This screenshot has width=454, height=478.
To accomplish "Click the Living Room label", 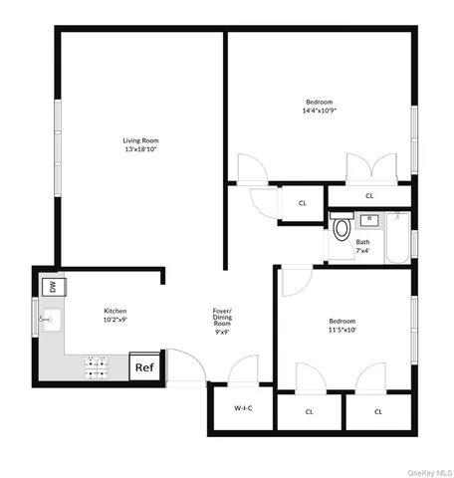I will pyautogui.click(x=141, y=140).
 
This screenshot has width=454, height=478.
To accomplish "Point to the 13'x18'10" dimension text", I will pyautogui.click(x=141, y=149).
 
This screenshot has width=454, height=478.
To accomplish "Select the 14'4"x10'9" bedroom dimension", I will pyautogui.click(x=319, y=110).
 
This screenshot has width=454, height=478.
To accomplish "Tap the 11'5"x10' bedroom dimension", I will pyautogui.click(x=342, y=330).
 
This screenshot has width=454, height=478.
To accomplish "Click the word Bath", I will pyautogui.click(x=363, y=241).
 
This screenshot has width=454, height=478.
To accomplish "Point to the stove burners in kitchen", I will pyautogui.click(x=98, y=367).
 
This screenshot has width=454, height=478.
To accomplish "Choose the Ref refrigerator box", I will pyautogui.click(x=144, y=367).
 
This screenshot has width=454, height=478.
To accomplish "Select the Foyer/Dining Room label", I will pyautogui.click(x=223, y=318).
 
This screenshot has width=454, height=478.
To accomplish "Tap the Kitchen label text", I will pyautogui.click(x=115, y=311).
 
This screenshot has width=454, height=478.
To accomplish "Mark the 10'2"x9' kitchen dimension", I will pyautogui.click(x=115, y=320).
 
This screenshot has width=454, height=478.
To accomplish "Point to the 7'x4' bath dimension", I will pyautogui.click(x=363, y=250).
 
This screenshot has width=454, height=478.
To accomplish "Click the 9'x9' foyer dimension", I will pyautogui.click(x=223, y=333).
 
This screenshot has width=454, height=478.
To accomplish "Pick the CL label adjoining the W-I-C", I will pyautogui.click(x=310, y=410).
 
